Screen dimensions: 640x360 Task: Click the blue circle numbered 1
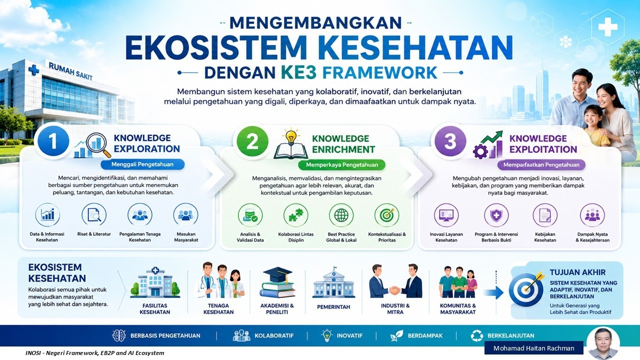click(x=53, y=141)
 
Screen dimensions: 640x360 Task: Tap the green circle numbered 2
click(x=252, y=141)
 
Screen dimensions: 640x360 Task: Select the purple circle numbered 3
click(x=450, y=141)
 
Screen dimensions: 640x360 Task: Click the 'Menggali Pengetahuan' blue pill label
click(x=142, y=164)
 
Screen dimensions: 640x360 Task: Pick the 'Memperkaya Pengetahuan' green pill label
click(x=341, y=165)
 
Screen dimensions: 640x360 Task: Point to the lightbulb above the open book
click(x=291, y=136)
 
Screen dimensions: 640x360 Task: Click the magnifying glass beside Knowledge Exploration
click(x=98, y=144)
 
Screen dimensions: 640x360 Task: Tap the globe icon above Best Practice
click(x=341, y=215)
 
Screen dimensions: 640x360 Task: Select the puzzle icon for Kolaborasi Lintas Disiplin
click(x=295, y=215)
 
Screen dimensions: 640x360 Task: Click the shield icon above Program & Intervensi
click(x=496, y=215)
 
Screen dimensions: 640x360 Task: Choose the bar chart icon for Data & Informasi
click(x=47, y=214)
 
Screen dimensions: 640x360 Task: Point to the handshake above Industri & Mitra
click(x=395, y=290)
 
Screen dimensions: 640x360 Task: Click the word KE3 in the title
click(x=299, y=72)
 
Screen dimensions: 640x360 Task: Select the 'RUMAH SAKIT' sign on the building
click(x=70, y=71)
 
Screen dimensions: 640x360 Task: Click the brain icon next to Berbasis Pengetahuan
click(x=119, y=335)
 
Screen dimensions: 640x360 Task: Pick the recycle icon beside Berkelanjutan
click(x=477, y=335)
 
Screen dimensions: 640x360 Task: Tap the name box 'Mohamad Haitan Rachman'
click(x=533, y=348)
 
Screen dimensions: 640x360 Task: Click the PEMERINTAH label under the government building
click(x=333, y=307)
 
